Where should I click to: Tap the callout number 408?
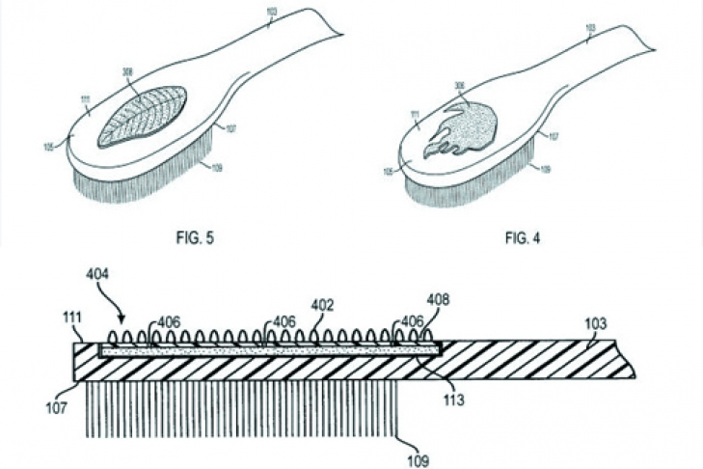(440, 299)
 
